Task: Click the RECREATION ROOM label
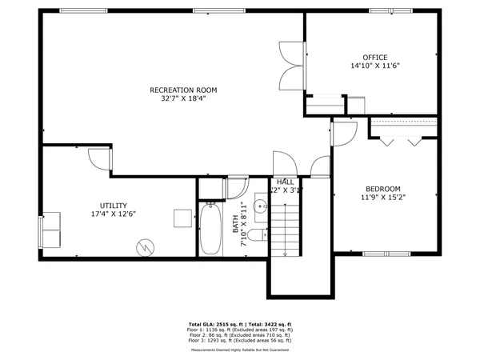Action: pos(183,90)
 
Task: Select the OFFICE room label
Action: pos(374,57)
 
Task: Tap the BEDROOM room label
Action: pos(383,188)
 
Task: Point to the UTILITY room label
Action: pos(113,205)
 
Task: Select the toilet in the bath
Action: pos(255,234)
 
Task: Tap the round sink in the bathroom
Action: pos(261,207)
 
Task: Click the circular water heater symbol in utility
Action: pos(145,246)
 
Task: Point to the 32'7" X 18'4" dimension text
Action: pos(183,99)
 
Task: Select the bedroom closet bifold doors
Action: pos(402,140)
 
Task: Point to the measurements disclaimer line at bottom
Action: pos(240,350)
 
